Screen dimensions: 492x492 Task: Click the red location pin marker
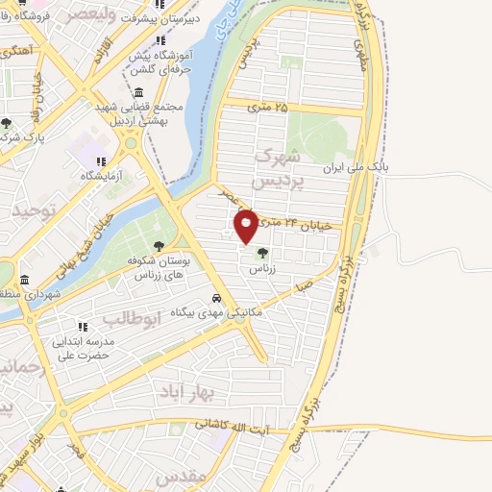coord(247,225)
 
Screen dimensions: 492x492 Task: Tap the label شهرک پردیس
coord(277,167)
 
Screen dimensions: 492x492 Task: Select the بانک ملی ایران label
coord(416,166)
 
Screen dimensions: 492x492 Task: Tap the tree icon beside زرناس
coord(261,253)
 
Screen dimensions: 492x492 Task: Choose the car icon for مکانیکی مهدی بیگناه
coord(218,298)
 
